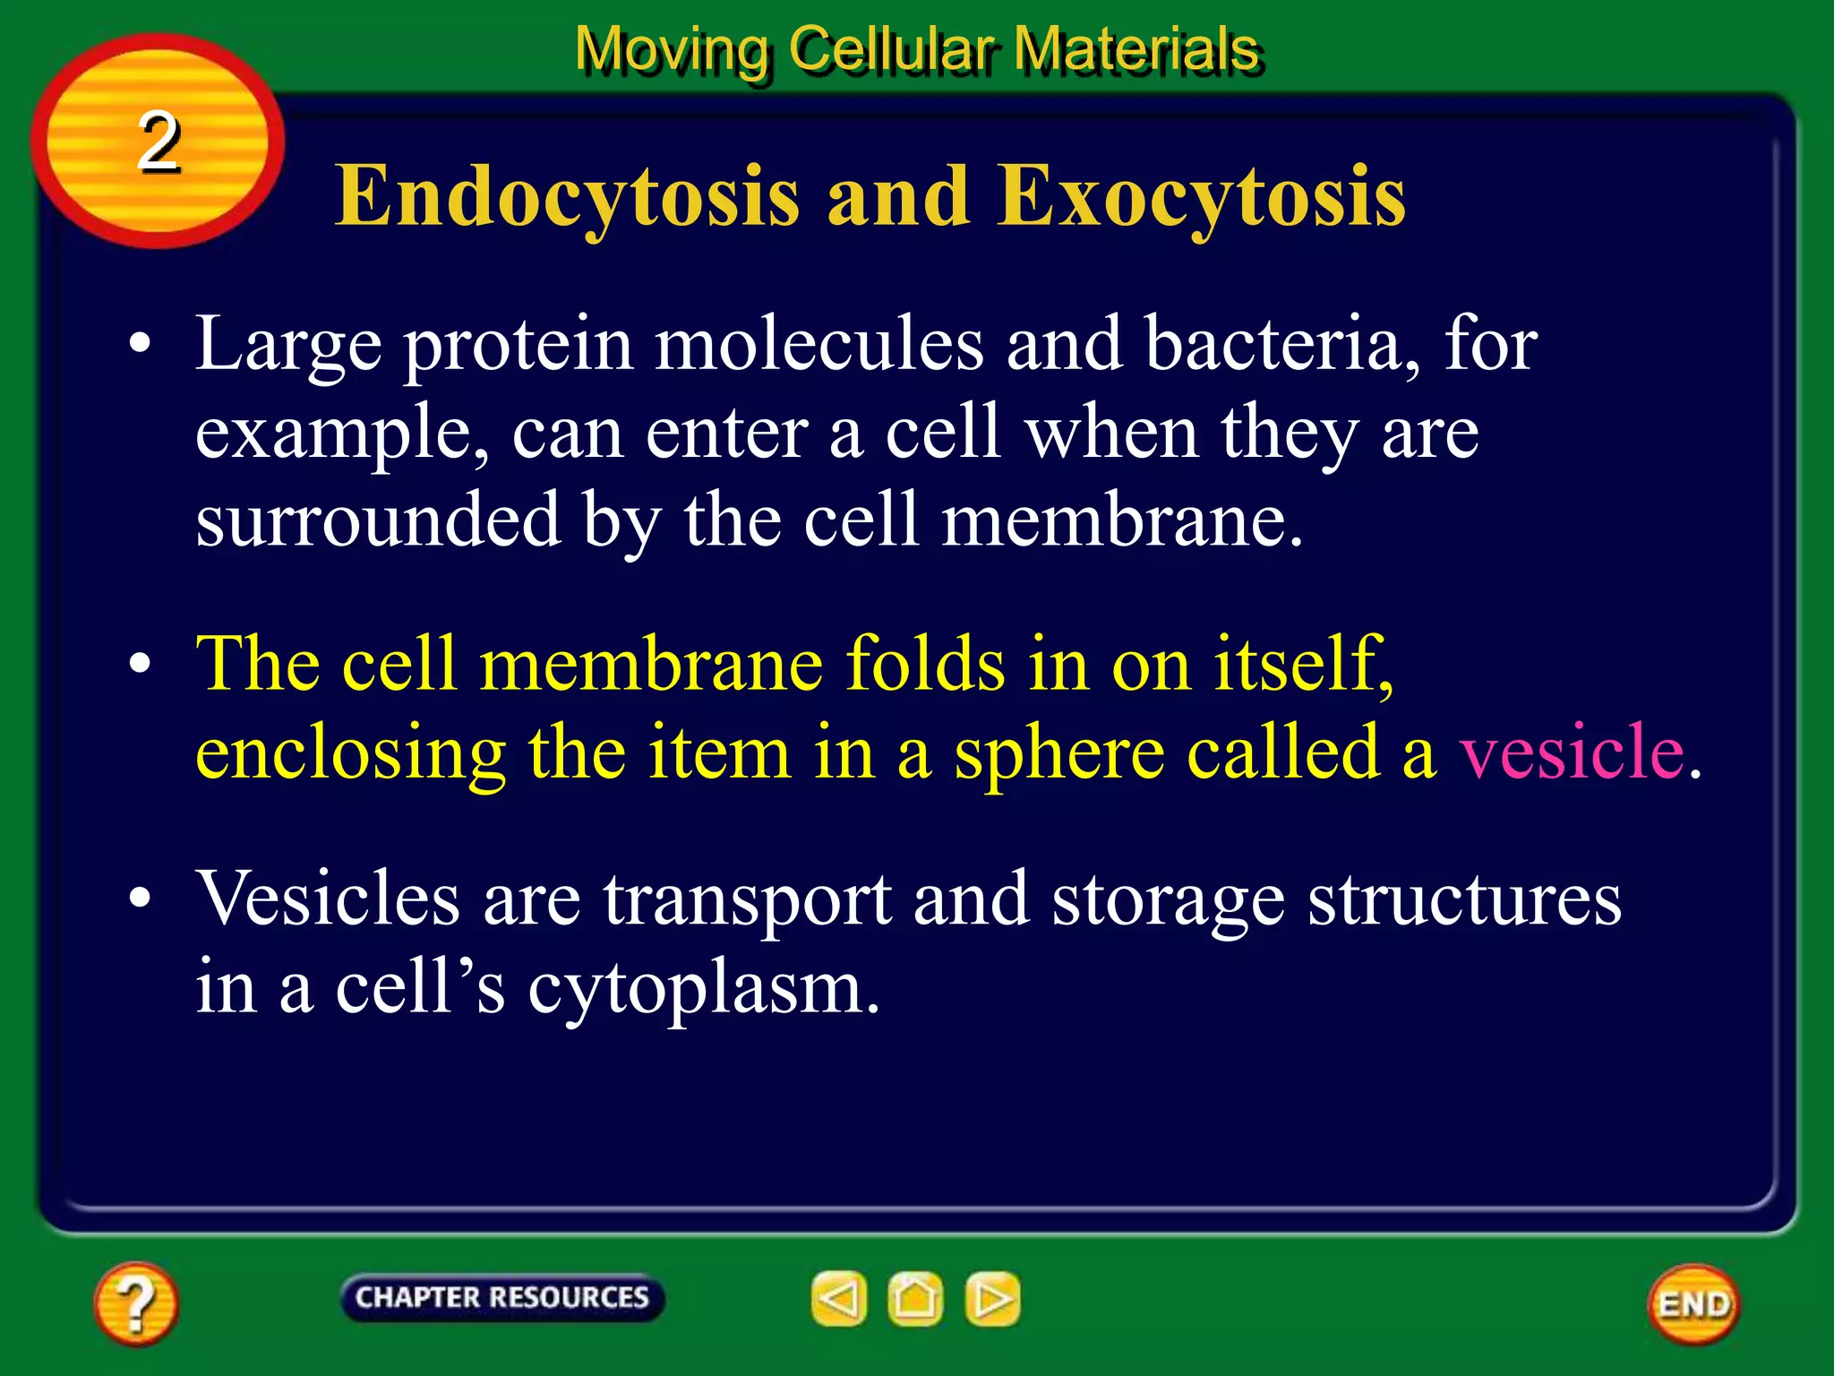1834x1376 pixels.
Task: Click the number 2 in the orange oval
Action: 159,142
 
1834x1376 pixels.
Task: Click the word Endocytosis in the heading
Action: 567,197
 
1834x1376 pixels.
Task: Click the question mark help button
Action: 136,1303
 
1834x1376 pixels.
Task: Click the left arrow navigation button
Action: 839,1298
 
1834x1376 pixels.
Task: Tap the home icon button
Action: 915,1298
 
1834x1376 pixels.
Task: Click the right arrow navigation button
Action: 992,1298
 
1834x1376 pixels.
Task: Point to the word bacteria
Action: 1282,345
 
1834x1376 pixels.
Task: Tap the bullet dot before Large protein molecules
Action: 140,345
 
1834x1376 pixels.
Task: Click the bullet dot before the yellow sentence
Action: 140,665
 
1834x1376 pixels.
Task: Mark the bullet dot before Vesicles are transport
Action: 140,899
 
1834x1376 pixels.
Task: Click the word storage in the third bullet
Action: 1168,900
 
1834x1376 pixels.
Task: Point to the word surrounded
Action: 377,520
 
